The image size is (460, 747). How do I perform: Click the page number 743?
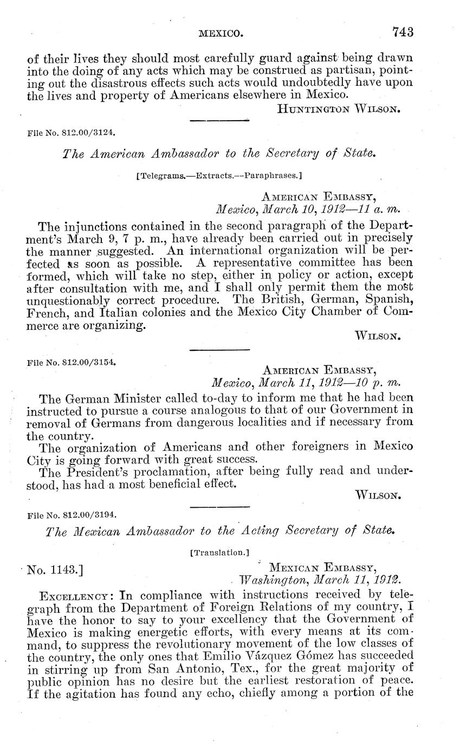(403, 32)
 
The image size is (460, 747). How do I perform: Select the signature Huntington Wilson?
(339, 109)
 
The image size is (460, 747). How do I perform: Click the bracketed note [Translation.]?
(219, 553)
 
